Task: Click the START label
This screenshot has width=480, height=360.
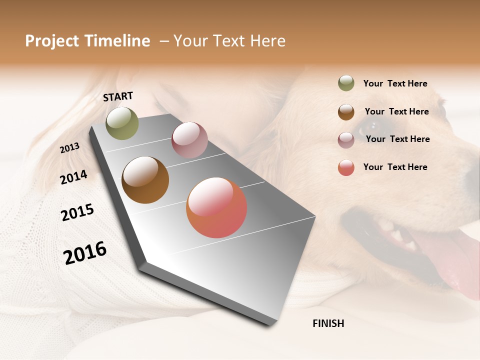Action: pos(118,96)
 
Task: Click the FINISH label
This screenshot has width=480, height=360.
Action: pos(328,323)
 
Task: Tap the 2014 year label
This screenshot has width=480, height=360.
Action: pos(73,177)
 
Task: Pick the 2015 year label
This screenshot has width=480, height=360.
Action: pos(77,212)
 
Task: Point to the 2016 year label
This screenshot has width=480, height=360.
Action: pos(85,252)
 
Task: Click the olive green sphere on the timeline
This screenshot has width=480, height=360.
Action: pos(122,123)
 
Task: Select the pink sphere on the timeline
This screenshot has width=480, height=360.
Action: pos(189,140)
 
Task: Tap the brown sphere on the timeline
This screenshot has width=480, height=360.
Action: pos(145,180)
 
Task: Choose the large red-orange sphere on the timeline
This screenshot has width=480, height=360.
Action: pos(216,207)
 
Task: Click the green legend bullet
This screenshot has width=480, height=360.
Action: pos(346,83)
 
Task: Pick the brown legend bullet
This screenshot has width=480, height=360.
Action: pos(346,112)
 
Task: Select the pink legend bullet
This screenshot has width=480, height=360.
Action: pos(346,140)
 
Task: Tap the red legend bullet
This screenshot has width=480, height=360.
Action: pos(346,167)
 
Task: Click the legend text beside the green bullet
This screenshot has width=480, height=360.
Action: pos(395,83)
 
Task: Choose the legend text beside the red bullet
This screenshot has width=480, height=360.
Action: pos(395,167)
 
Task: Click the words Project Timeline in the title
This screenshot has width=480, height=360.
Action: pos(87,41)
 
